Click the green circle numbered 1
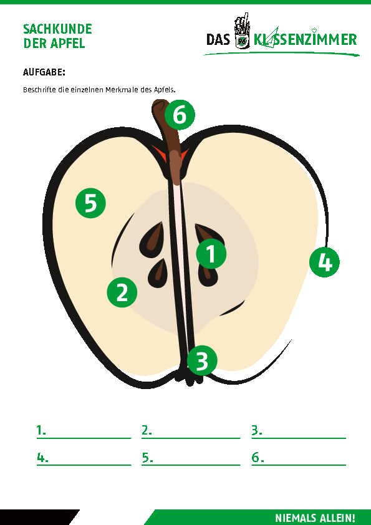211,254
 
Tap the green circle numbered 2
122,292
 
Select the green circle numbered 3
202,360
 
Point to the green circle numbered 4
324,262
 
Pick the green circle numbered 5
90,203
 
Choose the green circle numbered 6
180,115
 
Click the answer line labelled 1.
84,438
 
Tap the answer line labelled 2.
191,438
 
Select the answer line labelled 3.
299,438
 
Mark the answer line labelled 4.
84,465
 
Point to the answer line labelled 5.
191,465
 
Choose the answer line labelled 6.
299,465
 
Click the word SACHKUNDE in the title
57,29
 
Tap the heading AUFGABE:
44,72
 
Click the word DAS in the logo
218,39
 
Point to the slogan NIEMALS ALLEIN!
315,518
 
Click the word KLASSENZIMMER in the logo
305,39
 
